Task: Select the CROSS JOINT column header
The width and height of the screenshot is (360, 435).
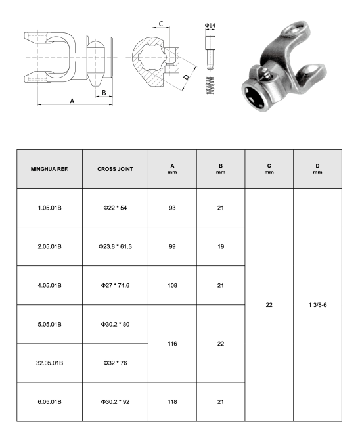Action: (115, 169)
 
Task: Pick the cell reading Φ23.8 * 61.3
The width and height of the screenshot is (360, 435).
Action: (115, 246)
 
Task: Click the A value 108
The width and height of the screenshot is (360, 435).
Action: (172, 285)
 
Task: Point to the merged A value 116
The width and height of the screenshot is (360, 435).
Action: (172, 343)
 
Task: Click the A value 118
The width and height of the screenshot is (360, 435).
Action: (172, 401)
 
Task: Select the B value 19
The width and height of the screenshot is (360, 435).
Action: (221, 246)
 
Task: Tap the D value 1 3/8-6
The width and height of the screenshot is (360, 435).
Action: (318, 304)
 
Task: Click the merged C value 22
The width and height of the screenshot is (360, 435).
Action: (269, 304)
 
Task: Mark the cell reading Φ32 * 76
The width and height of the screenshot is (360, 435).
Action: (115, 363)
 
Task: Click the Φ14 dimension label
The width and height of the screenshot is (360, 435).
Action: (210, 26)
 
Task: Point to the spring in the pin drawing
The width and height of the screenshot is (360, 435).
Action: (210, 84)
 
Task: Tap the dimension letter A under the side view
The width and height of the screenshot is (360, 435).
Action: (72, 100)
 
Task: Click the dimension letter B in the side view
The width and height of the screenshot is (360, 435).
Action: (103, 93)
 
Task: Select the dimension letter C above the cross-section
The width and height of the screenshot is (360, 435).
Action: (161, 25)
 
